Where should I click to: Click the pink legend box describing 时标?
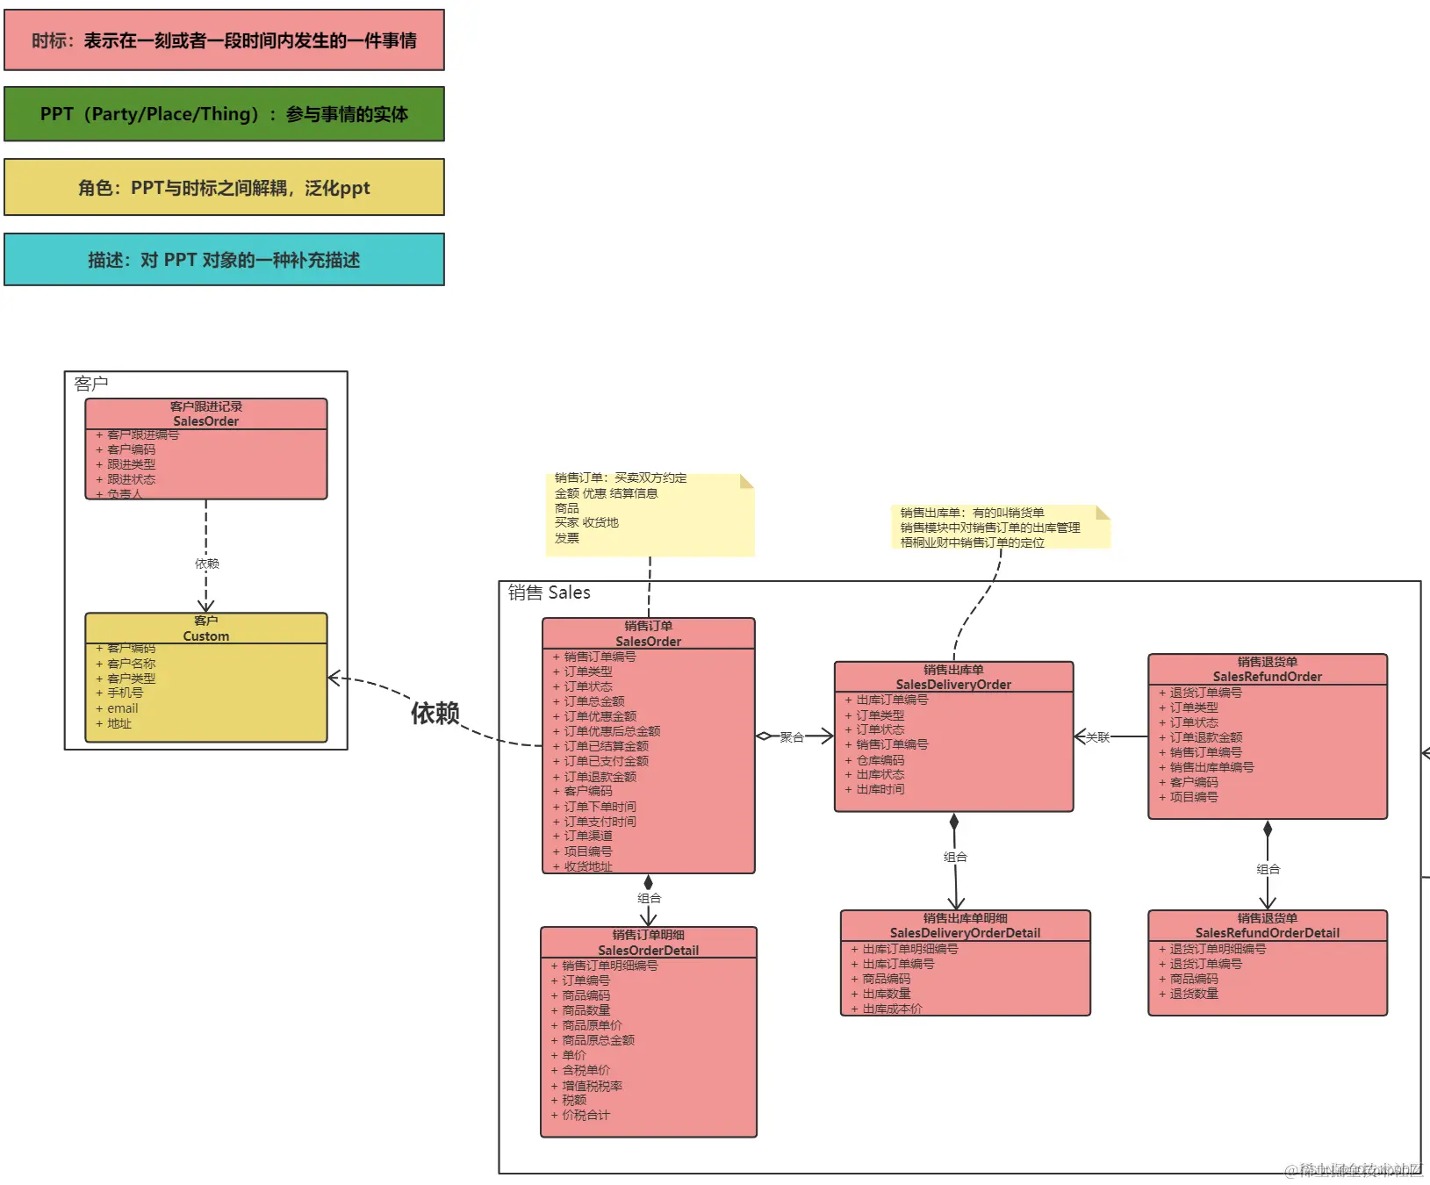[224, 40]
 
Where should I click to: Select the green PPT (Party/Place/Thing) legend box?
[224, 114]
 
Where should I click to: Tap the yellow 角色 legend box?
[224, 187]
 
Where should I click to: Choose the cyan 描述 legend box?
[224, 260]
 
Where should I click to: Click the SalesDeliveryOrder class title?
[953, 685]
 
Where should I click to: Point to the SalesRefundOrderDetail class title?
[1267, 933]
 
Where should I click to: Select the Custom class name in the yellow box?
[205, 636]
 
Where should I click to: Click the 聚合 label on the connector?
[792, 737]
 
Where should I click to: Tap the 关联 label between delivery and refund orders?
[1097, 737]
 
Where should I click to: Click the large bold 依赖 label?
[435, 713]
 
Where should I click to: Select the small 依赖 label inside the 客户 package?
[207, 564]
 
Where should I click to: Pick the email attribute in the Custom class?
[123, 708]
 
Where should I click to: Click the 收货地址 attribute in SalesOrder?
[588, 866]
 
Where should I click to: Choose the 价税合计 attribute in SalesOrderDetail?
[586, 1115]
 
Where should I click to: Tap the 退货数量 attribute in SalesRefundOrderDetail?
[1194, 994]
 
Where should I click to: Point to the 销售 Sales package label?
[550, 592]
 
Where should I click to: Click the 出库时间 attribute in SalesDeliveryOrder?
[880, 789]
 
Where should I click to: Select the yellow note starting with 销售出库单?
[999, 527]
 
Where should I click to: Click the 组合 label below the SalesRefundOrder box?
[1268, 869]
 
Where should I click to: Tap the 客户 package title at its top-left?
[91, 384]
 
